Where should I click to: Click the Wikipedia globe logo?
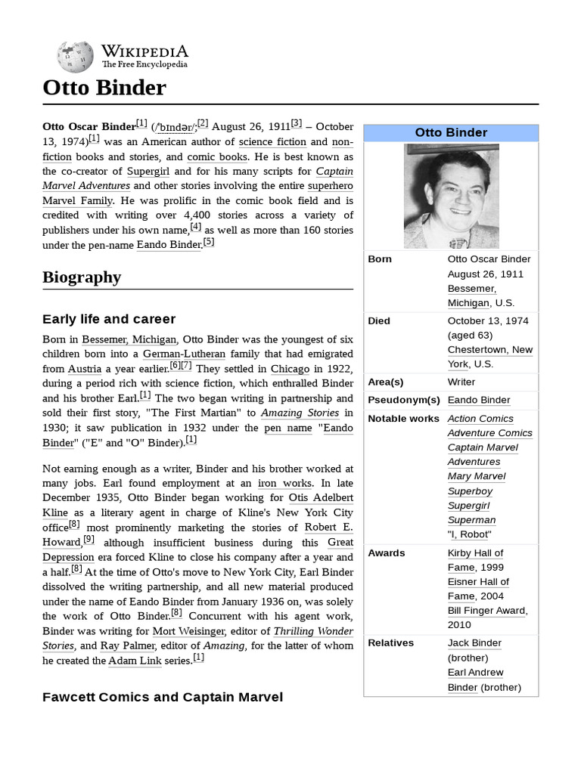pos(75,57)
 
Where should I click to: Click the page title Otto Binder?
pos(104,88)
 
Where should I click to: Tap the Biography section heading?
pos(82,277)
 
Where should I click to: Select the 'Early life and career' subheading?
pos(109,319)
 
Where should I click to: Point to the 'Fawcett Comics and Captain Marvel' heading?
pos(163,697)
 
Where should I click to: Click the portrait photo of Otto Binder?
pos(451,197)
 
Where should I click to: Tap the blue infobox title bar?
pos(451,133)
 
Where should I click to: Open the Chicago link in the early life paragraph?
pos(290,369)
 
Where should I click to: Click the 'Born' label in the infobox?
pos(380,259)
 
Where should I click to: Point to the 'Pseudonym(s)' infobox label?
pos(403,400)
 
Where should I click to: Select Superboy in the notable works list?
pos(470,491)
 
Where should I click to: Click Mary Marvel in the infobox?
pos(477,476)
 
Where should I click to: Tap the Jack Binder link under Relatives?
pos(474,643)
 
